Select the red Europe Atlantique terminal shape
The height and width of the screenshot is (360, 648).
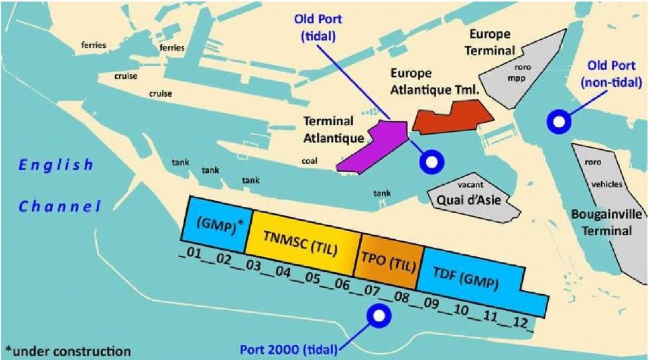[451, 118]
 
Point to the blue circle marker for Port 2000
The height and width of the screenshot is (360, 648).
[379, 315]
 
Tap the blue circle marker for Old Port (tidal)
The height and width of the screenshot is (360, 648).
[432, 163]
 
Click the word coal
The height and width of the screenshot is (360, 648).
[309, 161]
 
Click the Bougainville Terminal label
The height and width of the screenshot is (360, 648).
[606, 223]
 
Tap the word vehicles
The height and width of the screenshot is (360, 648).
[607, 185]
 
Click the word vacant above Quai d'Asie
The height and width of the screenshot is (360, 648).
[476, 185]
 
